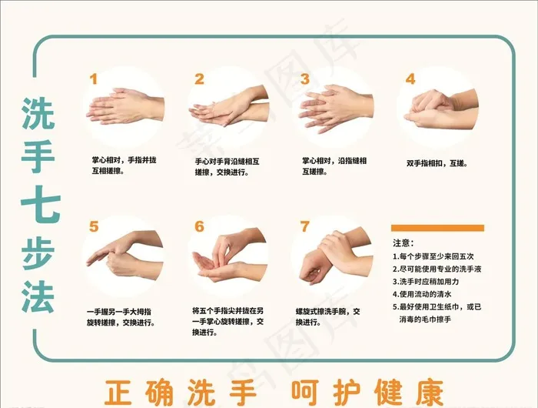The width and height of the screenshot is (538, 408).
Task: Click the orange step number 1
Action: (x=93, y=79)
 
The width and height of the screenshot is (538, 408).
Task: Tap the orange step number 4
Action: (x=410, y=79)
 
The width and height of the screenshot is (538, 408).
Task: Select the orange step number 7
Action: (x=304, y=226)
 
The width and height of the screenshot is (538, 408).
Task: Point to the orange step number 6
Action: (x=199, y=226)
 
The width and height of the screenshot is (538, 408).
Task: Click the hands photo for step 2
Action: (x=229, y=106)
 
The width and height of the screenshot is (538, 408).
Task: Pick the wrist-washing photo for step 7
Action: (x=337, y=257)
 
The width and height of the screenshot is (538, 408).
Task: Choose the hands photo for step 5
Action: (x=125, y=255)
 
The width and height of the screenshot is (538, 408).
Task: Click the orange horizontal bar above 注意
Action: (x=437, y=228)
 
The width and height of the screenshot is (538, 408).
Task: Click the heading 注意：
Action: (x=403, y=243)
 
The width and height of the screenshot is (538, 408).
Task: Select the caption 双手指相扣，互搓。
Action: (x=437, y=163)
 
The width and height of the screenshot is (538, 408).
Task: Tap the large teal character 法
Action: (x=38, y=296)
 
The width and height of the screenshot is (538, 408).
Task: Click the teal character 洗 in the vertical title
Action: (x=38, y=112)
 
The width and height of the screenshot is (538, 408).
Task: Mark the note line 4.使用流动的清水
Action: (x=422, y=294)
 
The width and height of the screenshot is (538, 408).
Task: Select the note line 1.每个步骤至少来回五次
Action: (x=433, y=256)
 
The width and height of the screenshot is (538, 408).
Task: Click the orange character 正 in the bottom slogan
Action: (x=118, y=392)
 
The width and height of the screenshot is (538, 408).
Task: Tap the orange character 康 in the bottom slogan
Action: (x=430, y=392)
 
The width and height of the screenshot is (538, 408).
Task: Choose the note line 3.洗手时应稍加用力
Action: (x=426, y=282)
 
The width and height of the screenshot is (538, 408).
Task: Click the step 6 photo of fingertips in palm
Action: (x=229, y=256)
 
